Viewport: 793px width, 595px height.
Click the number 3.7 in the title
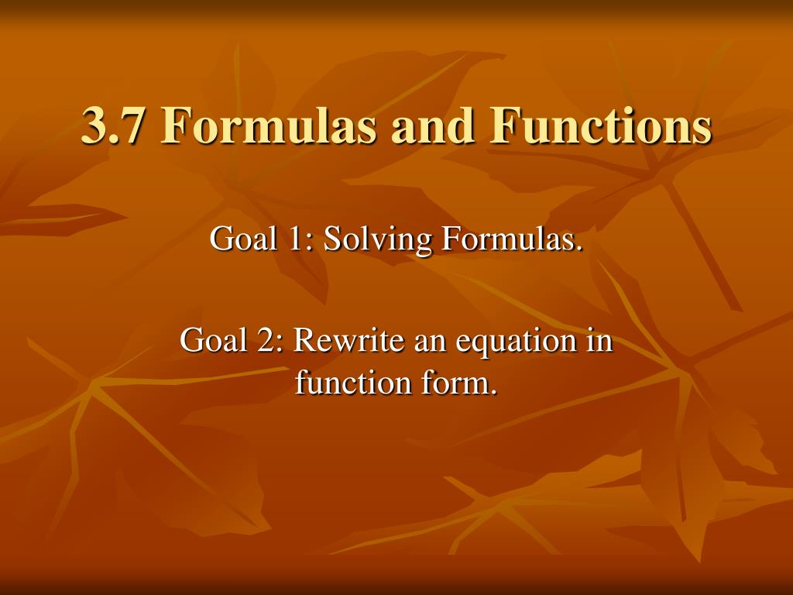coord(113,126)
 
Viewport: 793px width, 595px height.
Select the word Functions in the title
coord(600,126)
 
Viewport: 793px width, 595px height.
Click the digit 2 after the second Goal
coord(266,340)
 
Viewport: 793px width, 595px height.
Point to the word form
coord(458,382)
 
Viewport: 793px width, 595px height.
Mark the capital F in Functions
coord(504,126)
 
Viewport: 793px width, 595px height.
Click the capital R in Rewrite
coord(301,340)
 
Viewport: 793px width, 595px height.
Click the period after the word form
coord(493,390)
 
